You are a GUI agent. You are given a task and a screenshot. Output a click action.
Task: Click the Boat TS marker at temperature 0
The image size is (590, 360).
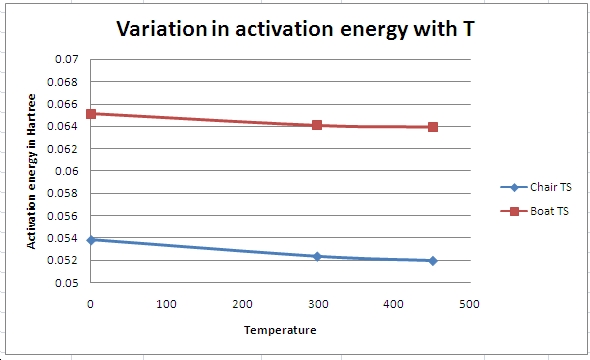pyautogui.click(x=91, y=114)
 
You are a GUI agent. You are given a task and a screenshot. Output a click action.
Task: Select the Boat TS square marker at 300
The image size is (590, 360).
pyautogui.click(x=317, y=125)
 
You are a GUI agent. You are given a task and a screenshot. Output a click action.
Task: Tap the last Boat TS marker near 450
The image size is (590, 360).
pyautogui.click(x=433, y=127)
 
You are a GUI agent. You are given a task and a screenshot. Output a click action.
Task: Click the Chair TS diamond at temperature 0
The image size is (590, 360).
pyautogui.click(x=91, y=240)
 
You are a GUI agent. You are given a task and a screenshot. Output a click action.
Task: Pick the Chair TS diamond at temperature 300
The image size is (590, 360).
pyautogui.click(x=317, y=257)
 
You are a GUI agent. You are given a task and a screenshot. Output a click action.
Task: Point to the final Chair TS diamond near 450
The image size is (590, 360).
pyautogui.click(x=433, y=261)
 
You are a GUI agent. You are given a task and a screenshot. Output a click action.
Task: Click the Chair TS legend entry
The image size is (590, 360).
pyautogui.click(x=536, y=187)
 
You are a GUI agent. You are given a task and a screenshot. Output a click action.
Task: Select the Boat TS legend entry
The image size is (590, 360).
pyautogui.click(x=534, y=211)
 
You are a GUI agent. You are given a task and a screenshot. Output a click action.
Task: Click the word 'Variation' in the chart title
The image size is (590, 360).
pyautogui.click(x=161, y=29)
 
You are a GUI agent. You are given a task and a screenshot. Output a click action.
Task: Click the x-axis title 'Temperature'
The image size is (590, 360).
pyautogui.click(x=280, y=330)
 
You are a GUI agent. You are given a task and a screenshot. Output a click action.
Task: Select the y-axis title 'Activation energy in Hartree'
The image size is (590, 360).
pyautogui.click(x=31, y=171)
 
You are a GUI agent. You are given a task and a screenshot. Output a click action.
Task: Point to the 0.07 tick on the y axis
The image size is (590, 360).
pyautogui.click(x=67, y=59)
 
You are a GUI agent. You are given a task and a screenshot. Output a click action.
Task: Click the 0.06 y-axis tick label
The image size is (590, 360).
pyautogui.click(x=67, y=171)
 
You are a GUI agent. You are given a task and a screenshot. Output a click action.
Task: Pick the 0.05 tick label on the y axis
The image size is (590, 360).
pyautogui.click(x=67, y=283)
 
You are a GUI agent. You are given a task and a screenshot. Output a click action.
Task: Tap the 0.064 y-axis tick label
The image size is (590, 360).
pyautogui.click(x=63, y=126)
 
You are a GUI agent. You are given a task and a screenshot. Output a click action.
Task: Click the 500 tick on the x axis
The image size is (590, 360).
pyautogui.click(x=469, y=304)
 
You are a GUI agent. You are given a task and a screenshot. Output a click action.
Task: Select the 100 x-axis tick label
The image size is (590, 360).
pyautogui.click(x=166, y=304)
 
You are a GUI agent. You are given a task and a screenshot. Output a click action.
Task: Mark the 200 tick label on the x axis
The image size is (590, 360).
pyautogui.click(x=242, y=304)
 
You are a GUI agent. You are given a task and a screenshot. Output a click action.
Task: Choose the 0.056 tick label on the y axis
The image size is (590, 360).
pyautogui.click(x=63, y=216)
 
